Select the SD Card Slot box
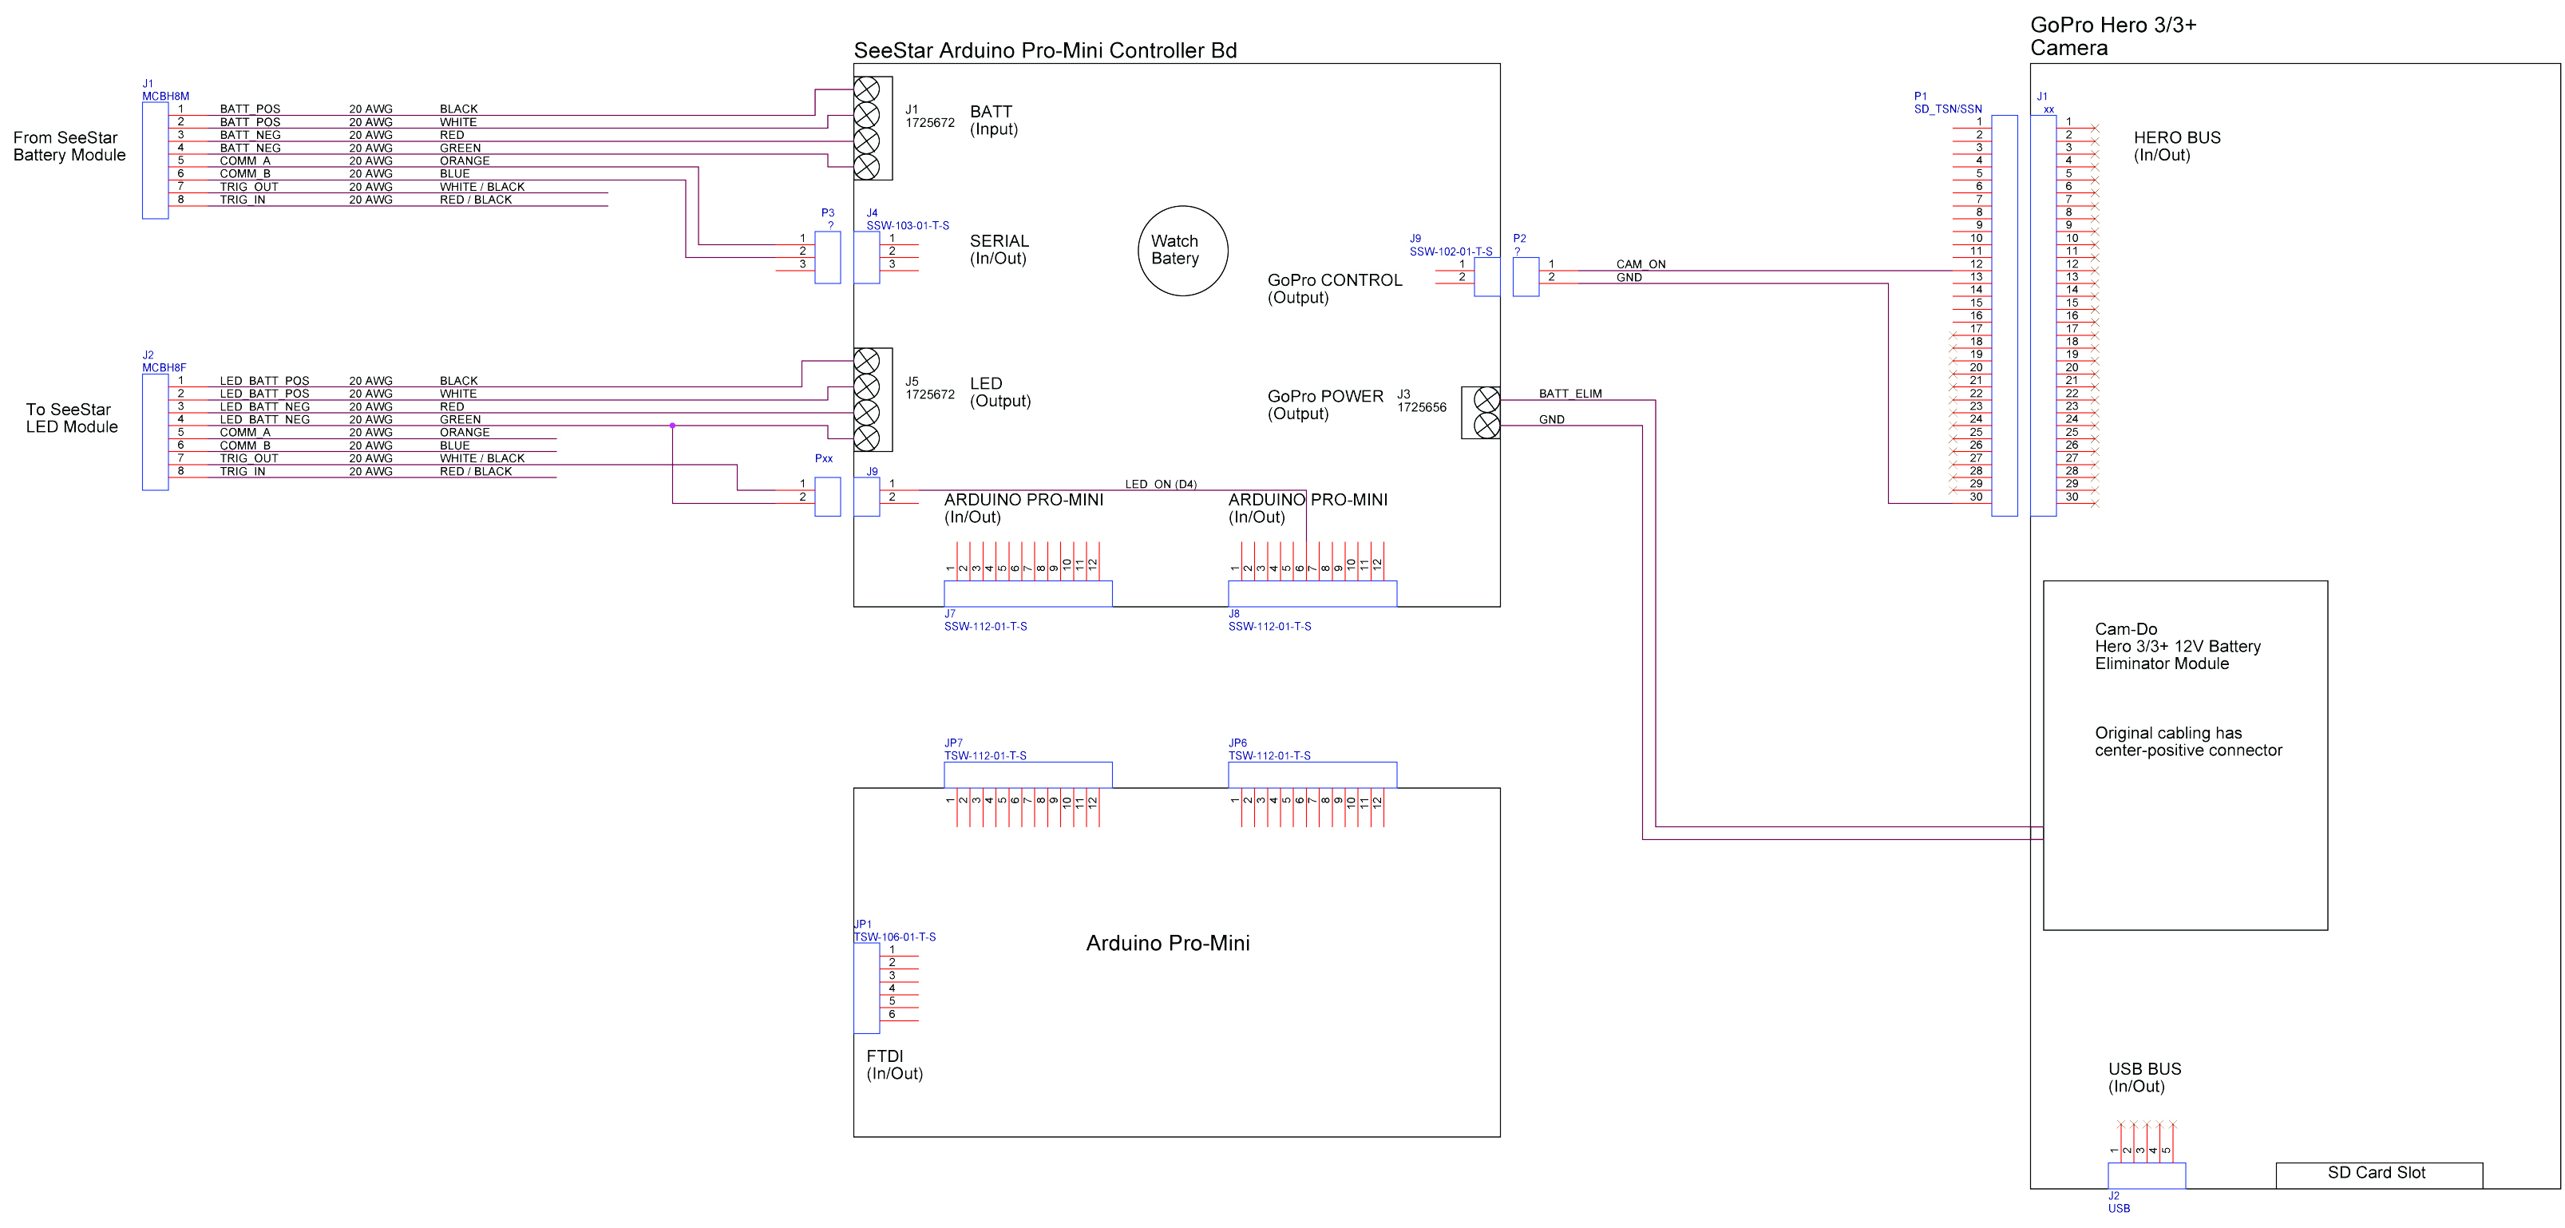(x=2379, y=1175)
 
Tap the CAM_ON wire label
(x=1641, y=264)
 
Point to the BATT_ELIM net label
(x=1570, y=394)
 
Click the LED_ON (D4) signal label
(x=1161, y=484)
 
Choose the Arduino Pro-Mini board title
(x=1168, y=943)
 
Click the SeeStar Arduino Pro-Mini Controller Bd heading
(x=1046, y=51)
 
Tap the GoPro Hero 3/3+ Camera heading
(x=2113, y=37)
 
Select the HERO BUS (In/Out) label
(x=2177, y=146)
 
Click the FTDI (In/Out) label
(x=894, y=1064)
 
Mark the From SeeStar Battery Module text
(x=69, y=146)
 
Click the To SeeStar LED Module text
(x=72, y=418)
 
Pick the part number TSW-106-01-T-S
(x=894, y=937)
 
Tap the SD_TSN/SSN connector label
(x=1948, y=109)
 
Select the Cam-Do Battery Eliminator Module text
(x=2178, y=647)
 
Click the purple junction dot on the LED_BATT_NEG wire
(x=672, y=426)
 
